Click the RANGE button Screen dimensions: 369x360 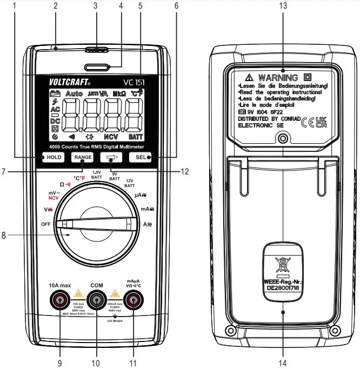click(83, 157)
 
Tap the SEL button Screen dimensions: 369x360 click(142, 157)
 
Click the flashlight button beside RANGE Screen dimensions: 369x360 click(113, 157)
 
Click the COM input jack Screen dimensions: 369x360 click(97, 299)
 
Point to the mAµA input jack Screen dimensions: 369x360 click(134, 299)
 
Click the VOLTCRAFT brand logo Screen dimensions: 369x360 click(70, 83)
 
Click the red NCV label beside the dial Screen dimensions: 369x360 click(53, 198)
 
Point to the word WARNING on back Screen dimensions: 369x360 click(278, 77)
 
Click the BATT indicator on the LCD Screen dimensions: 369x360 click(136, 137)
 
